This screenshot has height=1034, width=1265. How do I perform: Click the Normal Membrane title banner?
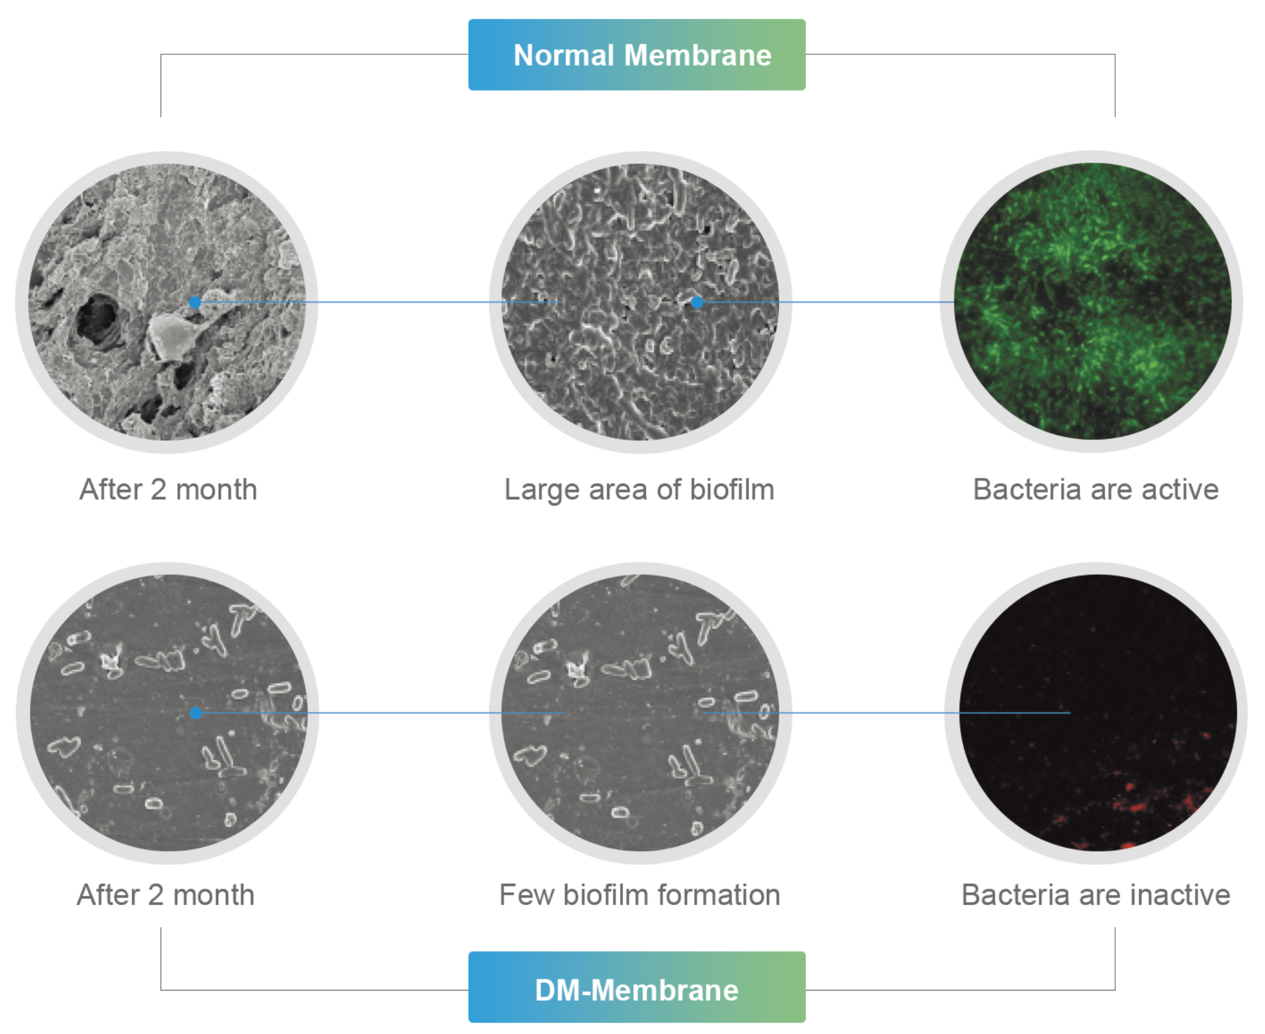[x=636, y=55]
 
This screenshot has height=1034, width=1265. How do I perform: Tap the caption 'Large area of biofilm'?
[x=640, y=490]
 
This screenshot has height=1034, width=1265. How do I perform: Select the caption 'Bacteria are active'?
[x=1095, y=489]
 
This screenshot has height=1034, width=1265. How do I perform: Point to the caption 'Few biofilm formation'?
[x=640, y=894]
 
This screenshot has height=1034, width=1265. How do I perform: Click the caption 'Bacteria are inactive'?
[x=1095, y=894]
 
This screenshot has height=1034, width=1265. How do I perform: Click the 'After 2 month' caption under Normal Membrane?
[x=168, y=489]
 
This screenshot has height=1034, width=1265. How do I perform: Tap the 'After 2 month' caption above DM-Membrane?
[x=166, y=894]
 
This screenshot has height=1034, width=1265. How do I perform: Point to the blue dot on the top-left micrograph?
[x=195, y=302]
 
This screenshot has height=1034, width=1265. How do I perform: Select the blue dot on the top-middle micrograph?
[x=697, y=302]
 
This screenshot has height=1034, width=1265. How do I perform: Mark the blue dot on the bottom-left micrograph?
[x=196, y=713]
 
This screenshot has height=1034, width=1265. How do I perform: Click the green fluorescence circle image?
[x=1092, y=302]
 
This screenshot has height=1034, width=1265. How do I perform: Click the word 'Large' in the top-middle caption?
[x=542, y=490]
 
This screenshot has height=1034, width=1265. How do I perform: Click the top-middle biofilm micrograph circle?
[x=640, y=302]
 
